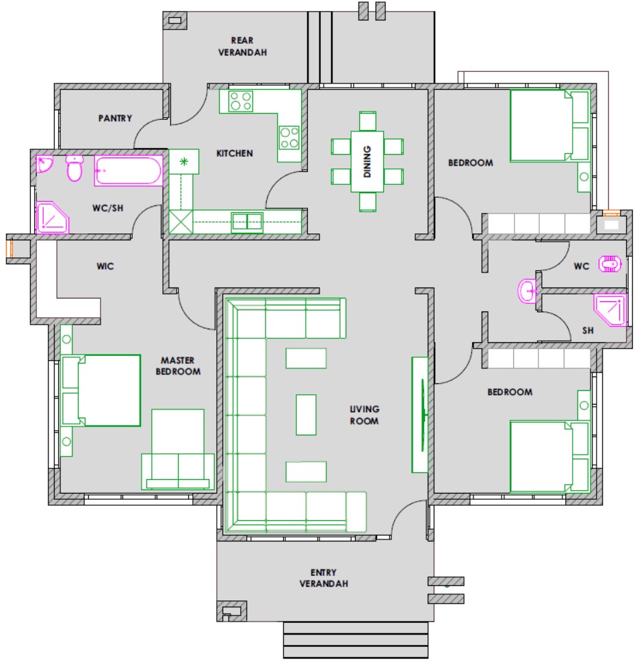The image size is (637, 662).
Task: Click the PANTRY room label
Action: pyautogui.click(x=115, y=118)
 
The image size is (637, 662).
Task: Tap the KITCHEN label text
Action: pyautogui.click(x=235, y=153)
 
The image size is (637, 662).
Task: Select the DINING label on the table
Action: pyautogui.click(x=367, y=162)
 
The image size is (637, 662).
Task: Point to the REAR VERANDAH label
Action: pyautogui.click(x=243, y=47)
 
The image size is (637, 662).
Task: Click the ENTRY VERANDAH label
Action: pyautogui.click(x=324, y=578)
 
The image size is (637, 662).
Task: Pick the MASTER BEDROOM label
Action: pyautogui.click(x=178, y=366)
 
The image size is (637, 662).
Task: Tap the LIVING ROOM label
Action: pyautogui.click(x=365, y=415)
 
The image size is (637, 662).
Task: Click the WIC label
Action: pyautogui.click(x=105, y=266)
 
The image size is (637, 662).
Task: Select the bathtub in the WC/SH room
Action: pyautogui.click(x=129, y=170)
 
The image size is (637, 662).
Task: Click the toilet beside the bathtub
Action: pyautogui.click(x=75, y=168)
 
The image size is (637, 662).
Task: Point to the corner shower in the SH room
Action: pyautogui.click(x=610, y=310)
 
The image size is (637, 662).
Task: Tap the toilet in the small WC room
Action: pyautogui.click(x=610, y=264)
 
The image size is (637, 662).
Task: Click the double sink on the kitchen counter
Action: pyautogui.click(x=247, y=222)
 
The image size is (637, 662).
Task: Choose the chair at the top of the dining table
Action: pyautogui.click(x=367, y=121)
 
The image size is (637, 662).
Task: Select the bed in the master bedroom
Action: pyautogui.click(x=101, y=390)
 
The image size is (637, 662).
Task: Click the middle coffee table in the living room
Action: pyautogui.click(x=306, y=415)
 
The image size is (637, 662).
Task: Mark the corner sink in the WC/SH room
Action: pyautogui.click(x=44, y=164)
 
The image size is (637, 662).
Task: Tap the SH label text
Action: pyautogui.click(x=588, y=331)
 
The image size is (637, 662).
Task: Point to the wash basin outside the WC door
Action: pyautogui.click(x=527, y=291)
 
